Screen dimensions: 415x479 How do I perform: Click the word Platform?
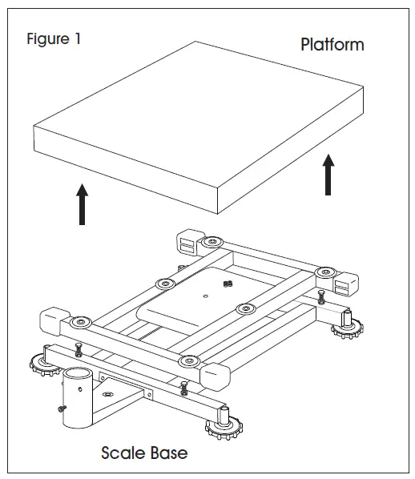click(x=332, y=45)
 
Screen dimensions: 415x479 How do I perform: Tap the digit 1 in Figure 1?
click(x=78, y=38)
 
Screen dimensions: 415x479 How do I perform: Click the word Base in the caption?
click(x=169, y=453)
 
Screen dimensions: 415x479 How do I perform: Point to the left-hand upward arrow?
click(x=82, y=204)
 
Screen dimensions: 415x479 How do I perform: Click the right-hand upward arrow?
click(x=328, y=175)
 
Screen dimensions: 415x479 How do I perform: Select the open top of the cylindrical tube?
click(x=78, y=374)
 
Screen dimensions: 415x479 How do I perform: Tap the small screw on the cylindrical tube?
click(x=62, y=409)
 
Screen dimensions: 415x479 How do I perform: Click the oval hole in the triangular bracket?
click(x=107, y=394)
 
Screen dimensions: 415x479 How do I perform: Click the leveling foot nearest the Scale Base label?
click(x=224, y=425)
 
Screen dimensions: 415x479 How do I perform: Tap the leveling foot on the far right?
click(x=348, y=326)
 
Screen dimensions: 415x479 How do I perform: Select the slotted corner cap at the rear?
click(x=189, y=242)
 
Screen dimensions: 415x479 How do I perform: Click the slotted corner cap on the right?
click(x=346, y=284)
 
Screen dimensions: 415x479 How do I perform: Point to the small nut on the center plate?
click(x=228, y=284)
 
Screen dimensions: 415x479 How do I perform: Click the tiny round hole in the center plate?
click(x=206, y=296)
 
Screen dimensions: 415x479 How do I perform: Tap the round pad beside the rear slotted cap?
click(x=213, y=242)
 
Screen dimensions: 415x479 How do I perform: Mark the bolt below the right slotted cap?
click(x=321, y=297)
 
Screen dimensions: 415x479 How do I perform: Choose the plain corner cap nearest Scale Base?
click(x=216, y=376)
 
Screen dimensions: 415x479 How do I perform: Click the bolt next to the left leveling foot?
click(x=79, y=349)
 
